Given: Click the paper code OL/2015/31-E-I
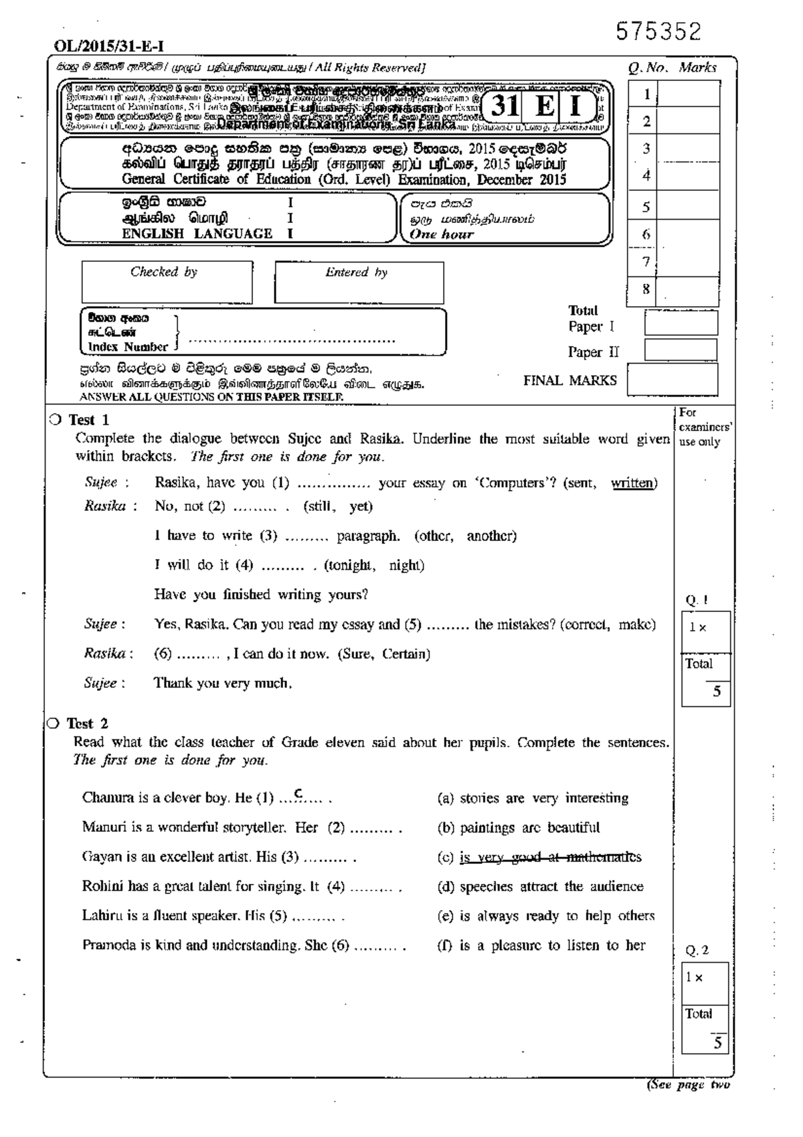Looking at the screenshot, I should click(x=108, y=46).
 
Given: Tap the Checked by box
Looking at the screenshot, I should click(x=167, y=283).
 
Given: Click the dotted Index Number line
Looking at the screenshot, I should click(x=292, y=339).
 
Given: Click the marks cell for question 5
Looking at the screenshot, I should click(x=688, y=207).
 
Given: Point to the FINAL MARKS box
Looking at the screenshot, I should click(x=672, y=380).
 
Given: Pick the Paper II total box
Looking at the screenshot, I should click(x=681, y=350).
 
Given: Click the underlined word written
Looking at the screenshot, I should click(x=633, y=483).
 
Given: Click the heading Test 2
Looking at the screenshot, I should click(x=87, y=723).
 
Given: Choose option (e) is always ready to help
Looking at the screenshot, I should click(x=545, y=916).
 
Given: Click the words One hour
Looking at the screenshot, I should click(x=441, y=234).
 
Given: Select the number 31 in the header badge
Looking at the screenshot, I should click(x=505, y=106).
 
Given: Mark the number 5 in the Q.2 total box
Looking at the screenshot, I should click(x=717, y=1043).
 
